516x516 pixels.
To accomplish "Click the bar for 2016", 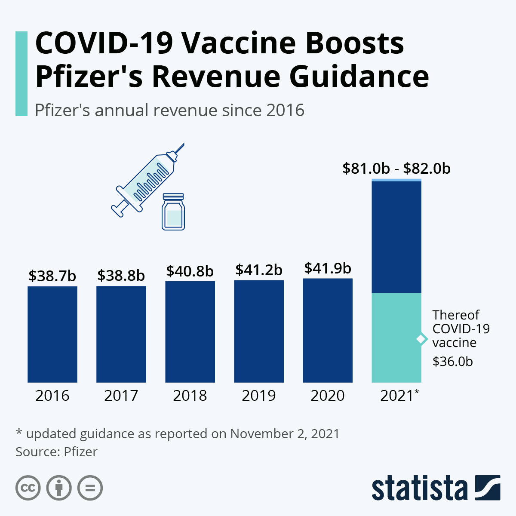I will [x=52, y=334].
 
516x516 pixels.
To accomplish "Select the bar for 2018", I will [x=190, y=332].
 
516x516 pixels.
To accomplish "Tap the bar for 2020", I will [x=328, y=330].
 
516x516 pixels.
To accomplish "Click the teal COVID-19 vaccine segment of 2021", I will [x=396, y=338].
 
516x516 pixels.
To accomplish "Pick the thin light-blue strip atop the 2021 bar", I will [x=396, y=180].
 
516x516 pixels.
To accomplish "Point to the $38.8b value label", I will [x=121, y=276].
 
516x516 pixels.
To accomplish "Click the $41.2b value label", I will [x=259, y=270].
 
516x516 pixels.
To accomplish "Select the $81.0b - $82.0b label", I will [x=396, y=169].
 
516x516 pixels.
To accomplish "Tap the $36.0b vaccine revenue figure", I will [x=452, y=362].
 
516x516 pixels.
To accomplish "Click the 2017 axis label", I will [x=121, y=396].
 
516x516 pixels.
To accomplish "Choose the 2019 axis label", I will [x=259, y=396].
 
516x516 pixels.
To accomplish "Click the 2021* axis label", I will [x=399, y=396].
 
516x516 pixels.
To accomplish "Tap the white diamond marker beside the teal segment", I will [x=422, y=339].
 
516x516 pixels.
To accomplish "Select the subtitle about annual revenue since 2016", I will [x=169, y=111].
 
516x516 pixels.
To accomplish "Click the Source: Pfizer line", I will [x=56, y=452].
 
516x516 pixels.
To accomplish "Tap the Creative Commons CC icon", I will [x=28, y=488].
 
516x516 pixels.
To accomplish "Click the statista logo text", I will [x=420, y=488].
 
